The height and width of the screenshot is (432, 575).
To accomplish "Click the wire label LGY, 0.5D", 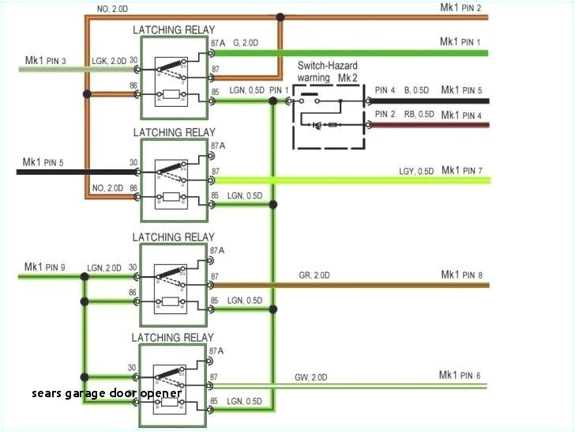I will pos(415,171).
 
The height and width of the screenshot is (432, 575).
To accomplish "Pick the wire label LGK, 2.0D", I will pos(108,61).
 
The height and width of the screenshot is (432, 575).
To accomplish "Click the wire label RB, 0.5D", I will pos(416,114).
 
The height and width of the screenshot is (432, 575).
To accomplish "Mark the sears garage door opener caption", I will pos(107,393).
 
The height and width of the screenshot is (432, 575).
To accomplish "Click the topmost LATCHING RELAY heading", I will pos(173,30).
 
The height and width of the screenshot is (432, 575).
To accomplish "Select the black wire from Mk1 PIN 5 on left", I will pos(71,171).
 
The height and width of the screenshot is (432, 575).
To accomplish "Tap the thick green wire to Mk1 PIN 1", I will pos(355,54).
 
